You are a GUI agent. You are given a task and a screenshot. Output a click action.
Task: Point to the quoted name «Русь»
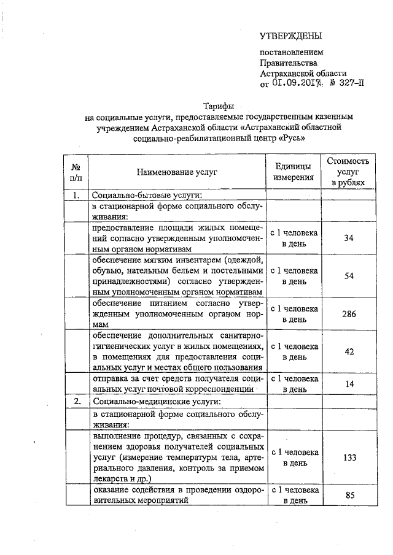[x=289, y=138]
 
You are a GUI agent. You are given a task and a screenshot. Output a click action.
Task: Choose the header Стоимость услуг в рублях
[x=348, y=172]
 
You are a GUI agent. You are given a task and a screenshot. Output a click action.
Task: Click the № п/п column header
[x=76, y=172]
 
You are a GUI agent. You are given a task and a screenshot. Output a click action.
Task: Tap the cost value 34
[x=348, y=238]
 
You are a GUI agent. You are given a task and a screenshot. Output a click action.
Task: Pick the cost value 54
[x=348, y=276]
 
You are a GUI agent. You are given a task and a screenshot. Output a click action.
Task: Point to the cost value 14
[x=348, y=384]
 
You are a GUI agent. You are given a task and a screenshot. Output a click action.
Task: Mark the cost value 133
[x=348, y=457]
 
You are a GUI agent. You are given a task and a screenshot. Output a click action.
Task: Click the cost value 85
[x=348, y=496]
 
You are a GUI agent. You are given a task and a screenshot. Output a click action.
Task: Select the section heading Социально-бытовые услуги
[x=146, y=195]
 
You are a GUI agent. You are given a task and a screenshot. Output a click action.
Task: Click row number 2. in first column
[x=77, y=402]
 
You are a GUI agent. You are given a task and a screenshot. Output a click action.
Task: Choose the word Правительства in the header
[x=289, y=63]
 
